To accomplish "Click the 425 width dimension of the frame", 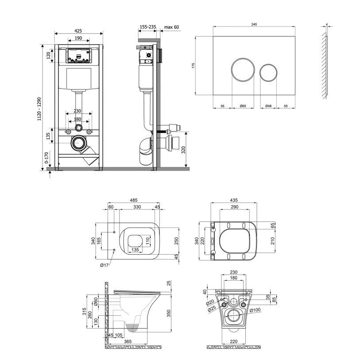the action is (x=78, y=31).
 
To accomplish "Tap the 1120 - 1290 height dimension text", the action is (x=39, y=109).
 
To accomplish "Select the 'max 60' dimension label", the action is (x=171, y=27).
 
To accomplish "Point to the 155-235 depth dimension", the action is (x=148, y=27).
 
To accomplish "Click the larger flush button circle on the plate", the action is (x=243, y=70).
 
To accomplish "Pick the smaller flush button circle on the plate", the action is (x=268, y=72).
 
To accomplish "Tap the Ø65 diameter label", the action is (x=243, y=106).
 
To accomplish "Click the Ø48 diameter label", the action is (x=268, y=106).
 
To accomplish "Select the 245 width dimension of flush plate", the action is (x=254, y=24).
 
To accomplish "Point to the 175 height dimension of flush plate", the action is (x=193, y=66).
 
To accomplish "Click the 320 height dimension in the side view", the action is (x=183, y=150).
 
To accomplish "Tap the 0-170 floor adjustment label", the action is (x=46, y=158).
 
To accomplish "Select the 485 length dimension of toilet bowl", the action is (x=134, y=201).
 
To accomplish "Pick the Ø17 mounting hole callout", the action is (x=104, y=265).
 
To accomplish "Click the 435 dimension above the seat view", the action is (x=234, y=200).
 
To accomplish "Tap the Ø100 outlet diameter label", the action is (x=255, y=310).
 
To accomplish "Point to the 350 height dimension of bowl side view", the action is (x=169, y=314).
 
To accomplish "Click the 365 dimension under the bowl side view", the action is (x=128, y=341).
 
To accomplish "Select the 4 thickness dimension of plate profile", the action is (x=327, y=24).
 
